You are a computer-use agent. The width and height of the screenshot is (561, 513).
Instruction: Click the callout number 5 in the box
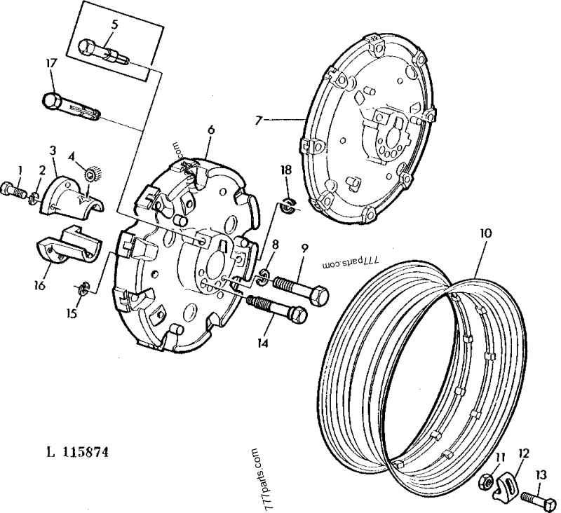tap(114, 25)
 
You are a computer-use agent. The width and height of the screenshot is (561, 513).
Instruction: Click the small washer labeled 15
tap(82, 288)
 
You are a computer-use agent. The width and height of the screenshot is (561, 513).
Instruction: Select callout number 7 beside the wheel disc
tap(259, 120)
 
